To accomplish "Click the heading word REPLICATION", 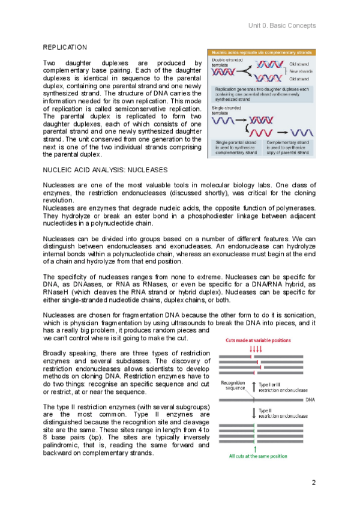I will coord(65,47).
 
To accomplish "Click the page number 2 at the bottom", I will coord(313,483).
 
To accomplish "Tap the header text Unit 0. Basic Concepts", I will coord(281,26).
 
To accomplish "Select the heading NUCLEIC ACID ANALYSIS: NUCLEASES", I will coord(105,170).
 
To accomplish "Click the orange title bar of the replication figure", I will coord(262,53).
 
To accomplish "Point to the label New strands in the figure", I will coord(299,71).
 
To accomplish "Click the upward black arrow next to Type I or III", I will coord(255,387).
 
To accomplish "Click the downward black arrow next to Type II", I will coord(255,412).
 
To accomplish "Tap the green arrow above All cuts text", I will coord(256,447).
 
